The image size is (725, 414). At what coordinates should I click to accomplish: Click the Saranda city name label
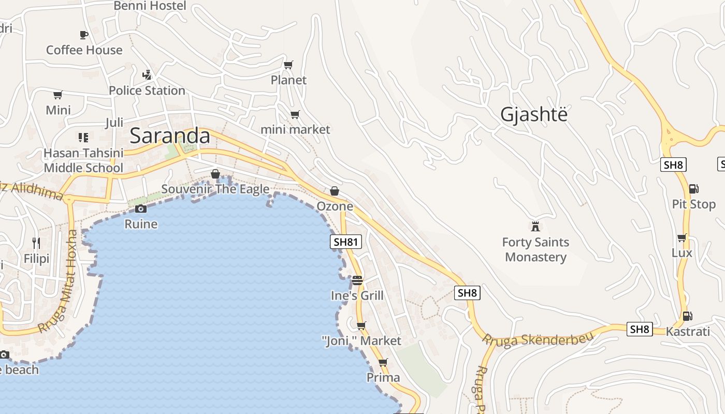coord(169,136)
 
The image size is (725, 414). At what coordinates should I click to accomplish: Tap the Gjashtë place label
coord(533,114)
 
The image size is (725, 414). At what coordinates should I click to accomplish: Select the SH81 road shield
coord(346,242)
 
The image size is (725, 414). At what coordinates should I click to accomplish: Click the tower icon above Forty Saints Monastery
coord(535,226)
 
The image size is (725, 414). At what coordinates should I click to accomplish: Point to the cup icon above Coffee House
coord(84,35)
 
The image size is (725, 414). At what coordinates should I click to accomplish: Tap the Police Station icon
coord(147,75)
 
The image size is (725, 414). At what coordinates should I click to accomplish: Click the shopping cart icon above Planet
coord(288,65)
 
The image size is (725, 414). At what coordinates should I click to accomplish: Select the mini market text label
coord(295,129)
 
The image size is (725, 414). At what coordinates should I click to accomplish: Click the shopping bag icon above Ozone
coord(335,191)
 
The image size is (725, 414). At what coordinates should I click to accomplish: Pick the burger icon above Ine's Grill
coord(357,280)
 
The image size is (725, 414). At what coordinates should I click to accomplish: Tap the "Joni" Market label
coord(361,341)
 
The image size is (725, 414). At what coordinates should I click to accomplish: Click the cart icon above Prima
coord(383,362)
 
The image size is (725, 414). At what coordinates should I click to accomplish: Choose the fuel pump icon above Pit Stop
coord(694,189)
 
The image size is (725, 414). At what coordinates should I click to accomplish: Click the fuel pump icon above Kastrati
coord(688,316)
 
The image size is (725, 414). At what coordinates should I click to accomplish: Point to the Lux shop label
coord(682,253)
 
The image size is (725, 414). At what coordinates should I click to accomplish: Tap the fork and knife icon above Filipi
coord(36,242)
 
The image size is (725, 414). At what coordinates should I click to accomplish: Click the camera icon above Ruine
coord(140,209)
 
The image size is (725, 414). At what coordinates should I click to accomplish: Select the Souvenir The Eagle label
coord(215,189)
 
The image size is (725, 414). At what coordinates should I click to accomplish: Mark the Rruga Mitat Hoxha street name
coord(59,282)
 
